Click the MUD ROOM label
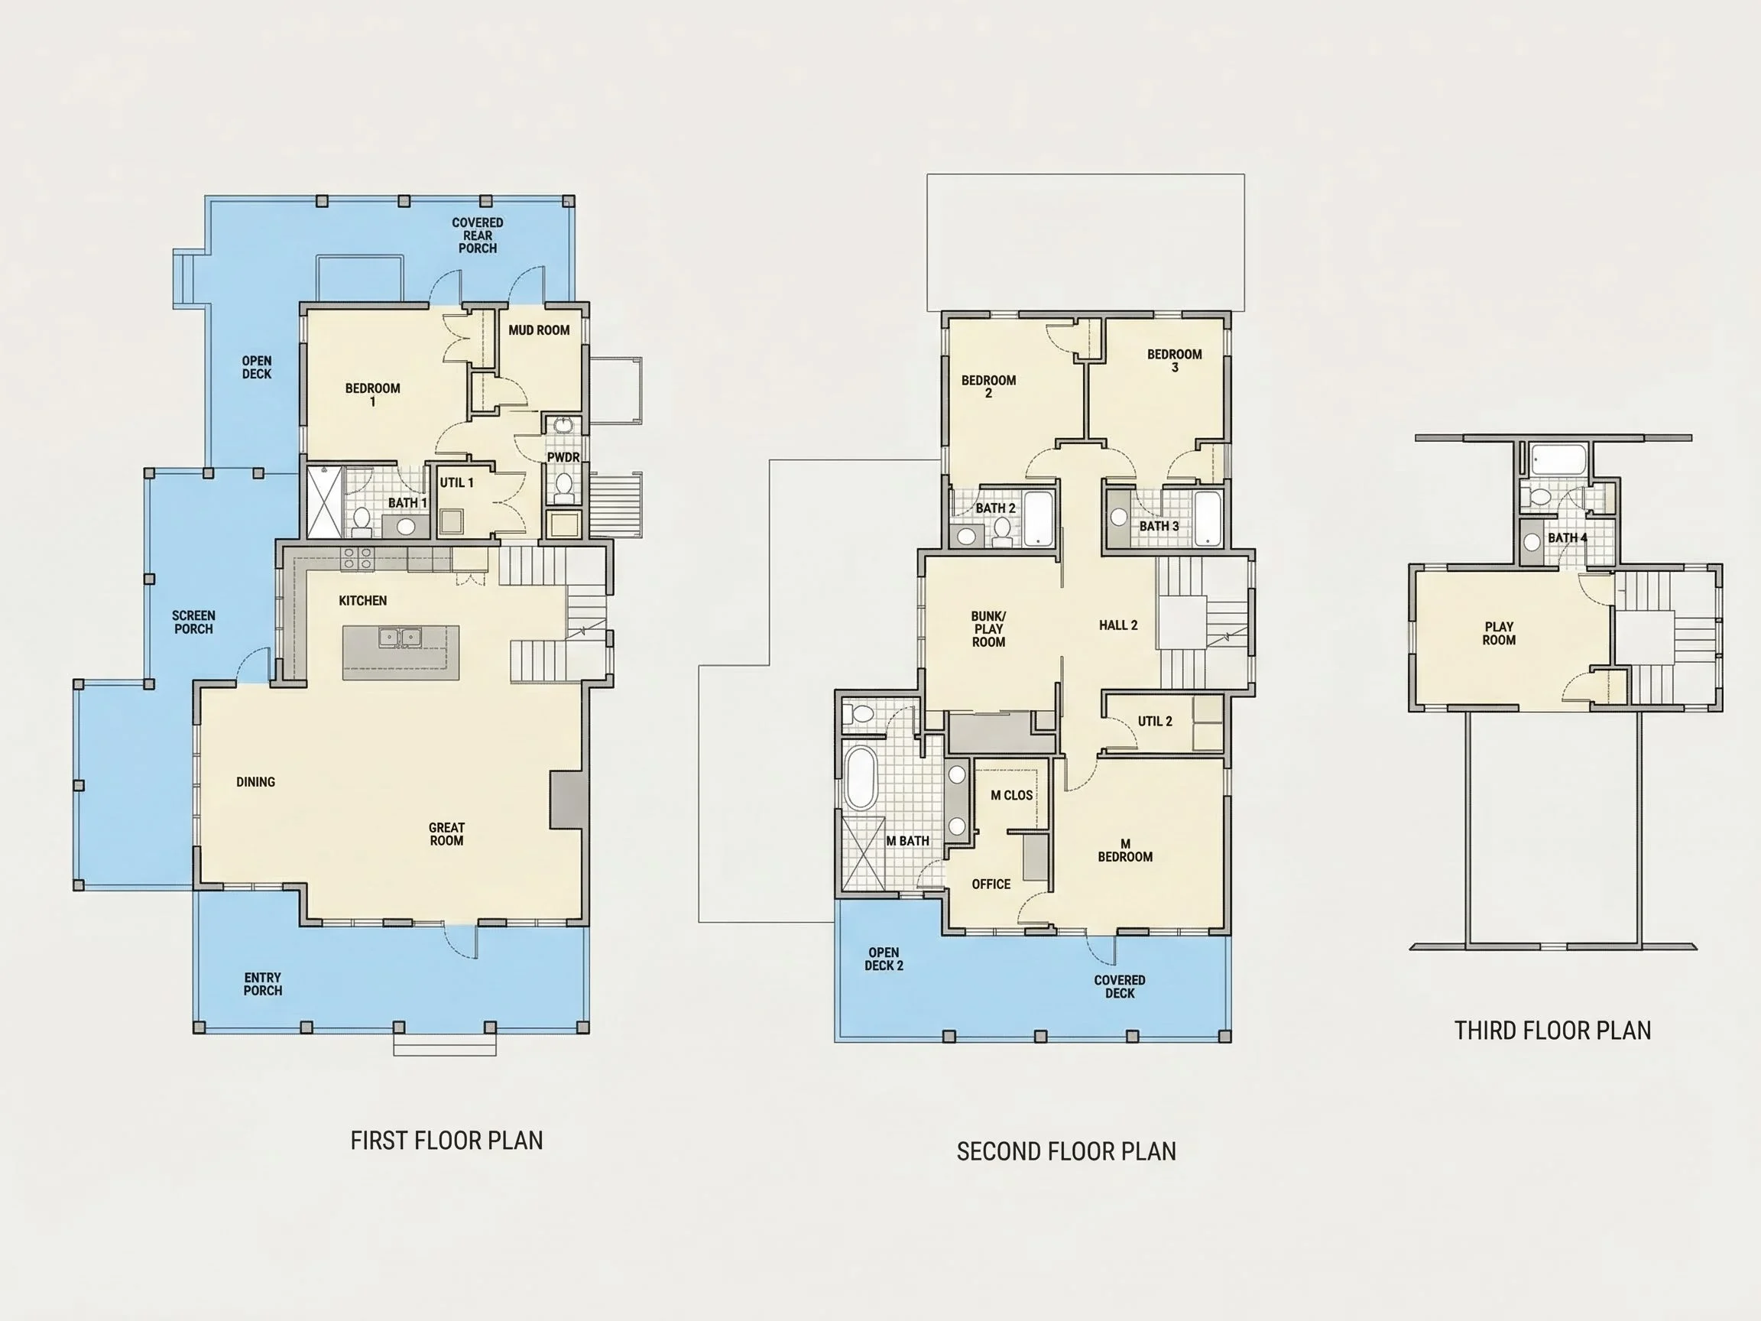[x=539, y=329]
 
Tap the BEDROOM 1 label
[x=372, y=394]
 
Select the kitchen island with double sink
[x=401, y=652]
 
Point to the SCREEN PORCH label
[x=193, y=622]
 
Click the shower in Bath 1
[x=325, y=501]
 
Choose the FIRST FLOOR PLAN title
[x=446, y=1141]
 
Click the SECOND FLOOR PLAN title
[x=1066, y=1151]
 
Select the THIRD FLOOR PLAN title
[x=1552, y=1031]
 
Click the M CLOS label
[x=1011, y=795]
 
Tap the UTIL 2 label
[x=1154, y=721]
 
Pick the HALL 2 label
[x=1117, y=625]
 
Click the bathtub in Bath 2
[x=1038, y=518]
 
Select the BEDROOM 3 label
[x=1174, y=360]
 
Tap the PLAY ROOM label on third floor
[x=1498, y=633]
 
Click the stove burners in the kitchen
[x=357, y=557]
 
